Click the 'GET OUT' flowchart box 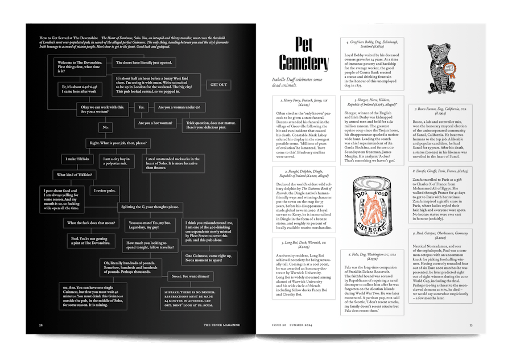(x=218, y=85)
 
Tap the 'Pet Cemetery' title (x=304, y=55)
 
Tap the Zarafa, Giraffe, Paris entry (x=440, y=195)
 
